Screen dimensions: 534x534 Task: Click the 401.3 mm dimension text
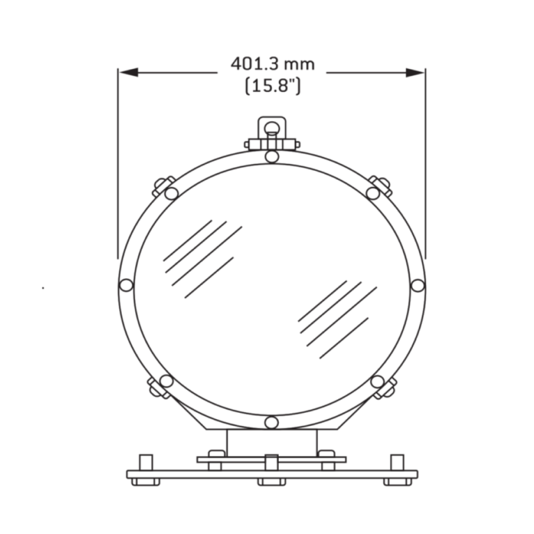coord(273,64)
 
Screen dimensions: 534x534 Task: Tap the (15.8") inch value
coord(273,86)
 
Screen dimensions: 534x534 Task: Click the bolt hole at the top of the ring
coord(272,156)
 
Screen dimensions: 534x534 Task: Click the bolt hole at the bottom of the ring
coord(272,422)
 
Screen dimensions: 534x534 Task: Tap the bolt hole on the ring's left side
coord(126,284)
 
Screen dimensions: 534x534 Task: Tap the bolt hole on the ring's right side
coord(417,284)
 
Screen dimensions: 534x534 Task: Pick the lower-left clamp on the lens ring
coord(160,386)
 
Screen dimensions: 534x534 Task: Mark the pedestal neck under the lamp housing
coord(272,442)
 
